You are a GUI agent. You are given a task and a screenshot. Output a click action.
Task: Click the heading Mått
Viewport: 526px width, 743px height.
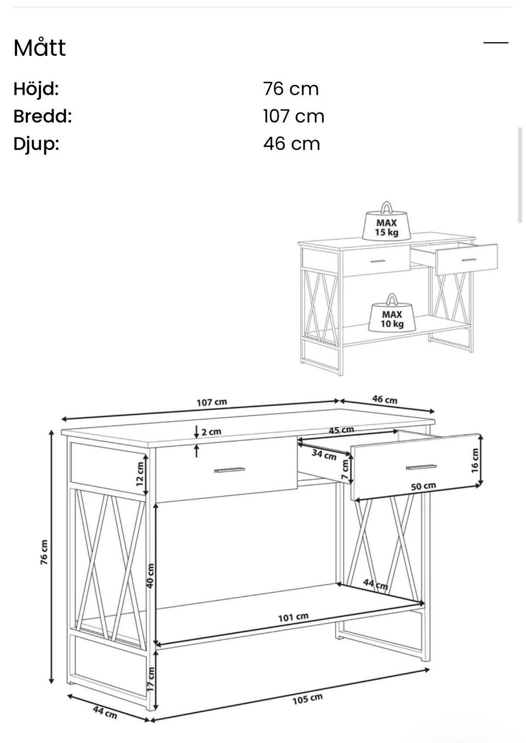(x=39, y=48)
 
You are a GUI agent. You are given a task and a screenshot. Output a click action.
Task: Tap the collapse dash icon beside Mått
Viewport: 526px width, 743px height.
(x=495, y=43)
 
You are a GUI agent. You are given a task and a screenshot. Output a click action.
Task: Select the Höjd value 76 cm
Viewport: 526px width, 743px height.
(x=291, y=89)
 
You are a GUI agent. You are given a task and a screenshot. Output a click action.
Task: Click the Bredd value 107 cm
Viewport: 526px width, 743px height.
(x=294, y=116)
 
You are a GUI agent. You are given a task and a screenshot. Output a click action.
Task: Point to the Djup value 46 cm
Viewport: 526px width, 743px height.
(x=291, y=143)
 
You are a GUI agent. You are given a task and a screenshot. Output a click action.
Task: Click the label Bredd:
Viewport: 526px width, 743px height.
(x=43, y=116)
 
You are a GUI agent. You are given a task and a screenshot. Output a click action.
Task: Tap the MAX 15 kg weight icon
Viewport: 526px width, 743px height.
(x=386, y=221)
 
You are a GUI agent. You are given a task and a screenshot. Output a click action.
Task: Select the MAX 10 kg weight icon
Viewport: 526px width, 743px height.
(x=392, y=313)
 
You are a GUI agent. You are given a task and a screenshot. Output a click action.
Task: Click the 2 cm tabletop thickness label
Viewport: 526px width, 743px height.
(x=211, y=432)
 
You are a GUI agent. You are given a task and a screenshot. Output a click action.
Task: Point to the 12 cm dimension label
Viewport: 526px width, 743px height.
(x=140, y=474)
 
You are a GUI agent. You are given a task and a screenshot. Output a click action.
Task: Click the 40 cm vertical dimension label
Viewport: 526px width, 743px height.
(x=150, y=576)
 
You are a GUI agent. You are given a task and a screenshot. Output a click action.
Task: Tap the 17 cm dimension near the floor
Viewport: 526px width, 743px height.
(x=150, y=679)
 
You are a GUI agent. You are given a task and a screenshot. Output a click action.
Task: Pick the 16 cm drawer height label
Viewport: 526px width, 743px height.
(x=474, y=460)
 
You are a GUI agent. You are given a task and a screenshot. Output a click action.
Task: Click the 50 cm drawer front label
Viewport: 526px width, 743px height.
(x=424, y=486)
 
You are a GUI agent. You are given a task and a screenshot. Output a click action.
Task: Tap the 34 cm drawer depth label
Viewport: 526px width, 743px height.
(x=324, y=455)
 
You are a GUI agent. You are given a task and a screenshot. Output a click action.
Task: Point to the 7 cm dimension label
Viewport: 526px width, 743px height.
(x=345, y=469)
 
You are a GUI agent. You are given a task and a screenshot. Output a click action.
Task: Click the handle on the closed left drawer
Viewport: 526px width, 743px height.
(x=230, y=470)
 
